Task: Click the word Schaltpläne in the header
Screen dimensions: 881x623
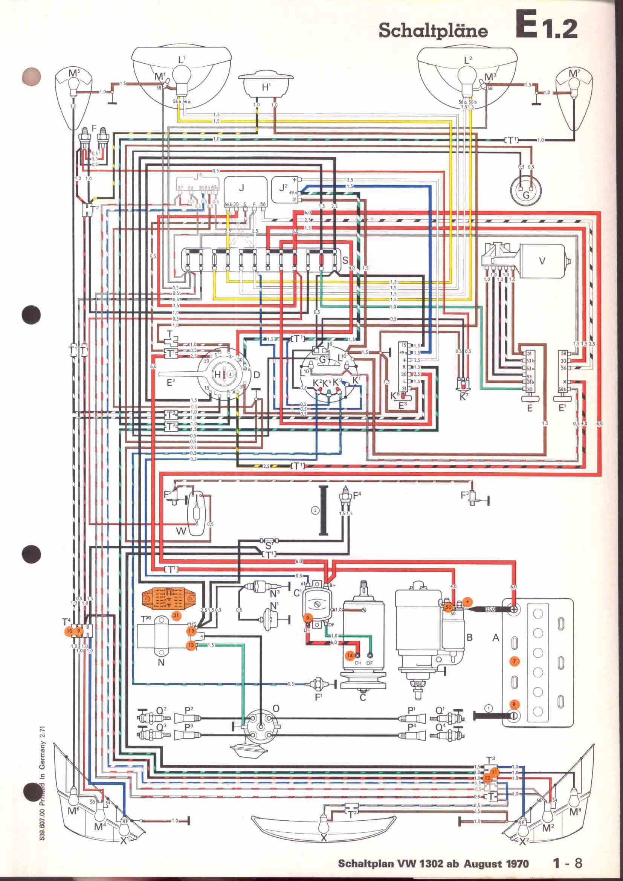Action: point(433,31)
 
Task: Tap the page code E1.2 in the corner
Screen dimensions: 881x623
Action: point(546,25)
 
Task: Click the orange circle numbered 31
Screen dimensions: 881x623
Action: point(176,615)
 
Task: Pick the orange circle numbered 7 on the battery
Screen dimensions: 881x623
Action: point(515,661)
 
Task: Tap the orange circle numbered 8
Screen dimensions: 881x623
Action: point(514,704)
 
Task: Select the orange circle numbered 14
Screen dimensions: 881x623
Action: point(350,656)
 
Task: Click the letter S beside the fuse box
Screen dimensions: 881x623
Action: point(345,260)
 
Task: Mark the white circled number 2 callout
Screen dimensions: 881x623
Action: point(315,510)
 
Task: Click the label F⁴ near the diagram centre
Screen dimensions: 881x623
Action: point(357,495)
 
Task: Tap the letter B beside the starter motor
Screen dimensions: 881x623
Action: point(469,637)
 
